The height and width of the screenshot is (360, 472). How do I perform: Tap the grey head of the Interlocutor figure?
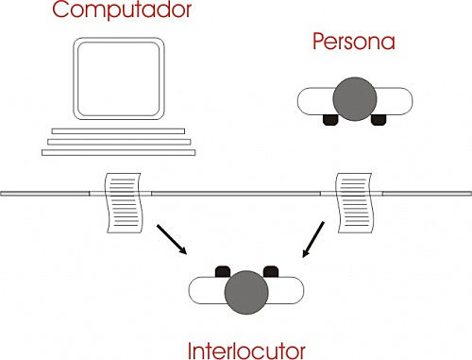pyautogui.click(x=247, y=289)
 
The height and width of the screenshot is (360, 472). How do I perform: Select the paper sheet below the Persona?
pyautogui.click(x=355, y=202)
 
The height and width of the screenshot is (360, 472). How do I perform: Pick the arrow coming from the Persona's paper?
pyautogui.click(x=315, y=241)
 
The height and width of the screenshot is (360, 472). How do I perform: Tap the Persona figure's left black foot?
pyautogui.click(x=331, y=120)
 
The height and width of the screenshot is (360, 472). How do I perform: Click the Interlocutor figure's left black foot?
pyautogui.click(x=224, y=270)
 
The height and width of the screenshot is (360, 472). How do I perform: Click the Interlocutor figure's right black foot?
pyautogui.click(x=270, y=270)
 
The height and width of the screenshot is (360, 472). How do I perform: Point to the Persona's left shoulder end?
pyautogui.click(x=308, y=99)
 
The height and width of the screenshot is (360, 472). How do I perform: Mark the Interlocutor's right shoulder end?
pyautogui.click(x=295, y=289)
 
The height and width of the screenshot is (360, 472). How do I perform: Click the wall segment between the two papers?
pyautogui.click(x=236, y=192)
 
